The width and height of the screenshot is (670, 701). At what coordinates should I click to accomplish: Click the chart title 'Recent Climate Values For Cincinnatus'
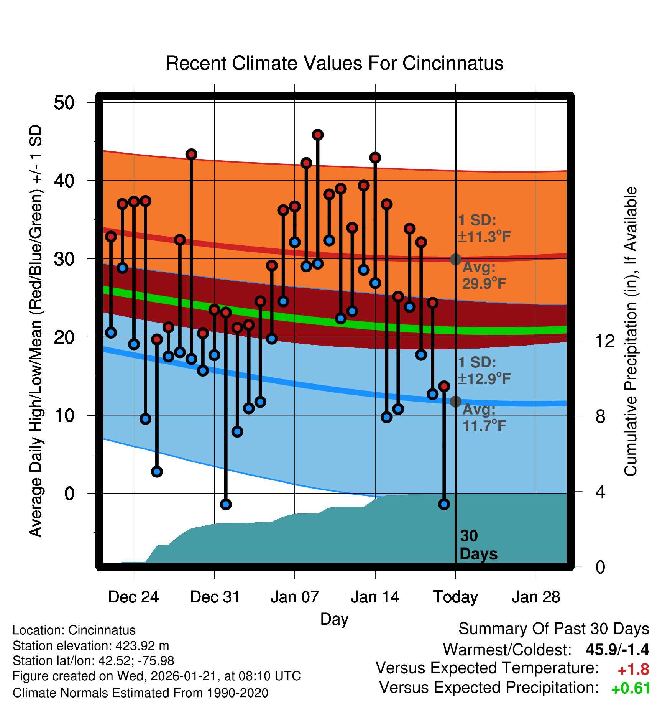coord(334,63)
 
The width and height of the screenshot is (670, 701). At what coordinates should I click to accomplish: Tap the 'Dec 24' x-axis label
coord(133,597)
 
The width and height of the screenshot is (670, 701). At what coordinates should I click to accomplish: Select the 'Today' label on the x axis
coord(455,597)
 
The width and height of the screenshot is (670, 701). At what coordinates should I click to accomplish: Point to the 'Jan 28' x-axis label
coord(536,597)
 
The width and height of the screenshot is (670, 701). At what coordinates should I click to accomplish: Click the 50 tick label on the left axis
coord(64,103)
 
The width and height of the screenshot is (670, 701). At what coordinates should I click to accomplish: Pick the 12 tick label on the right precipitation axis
coord(604,341)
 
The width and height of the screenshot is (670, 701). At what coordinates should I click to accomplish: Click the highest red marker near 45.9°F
coord(317,135)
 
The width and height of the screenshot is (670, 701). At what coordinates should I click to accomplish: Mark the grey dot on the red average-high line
coord(455,259)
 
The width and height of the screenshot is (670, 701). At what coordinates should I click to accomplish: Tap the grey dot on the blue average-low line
coord(455,402)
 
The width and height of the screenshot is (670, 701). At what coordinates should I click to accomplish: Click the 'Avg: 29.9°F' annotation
coord(484,275)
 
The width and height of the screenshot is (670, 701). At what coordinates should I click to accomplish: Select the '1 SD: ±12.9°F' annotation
coord(484,370)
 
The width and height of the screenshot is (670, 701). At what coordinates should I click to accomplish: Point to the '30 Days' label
coord(478,545)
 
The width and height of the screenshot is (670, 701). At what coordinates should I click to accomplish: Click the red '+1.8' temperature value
coord(633,670)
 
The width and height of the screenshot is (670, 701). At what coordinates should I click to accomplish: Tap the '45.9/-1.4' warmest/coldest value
coord(617,650)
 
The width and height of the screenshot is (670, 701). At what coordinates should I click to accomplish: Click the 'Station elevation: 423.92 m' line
coord(91,646)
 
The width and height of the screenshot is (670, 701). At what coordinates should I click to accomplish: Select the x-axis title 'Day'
coord(334,619)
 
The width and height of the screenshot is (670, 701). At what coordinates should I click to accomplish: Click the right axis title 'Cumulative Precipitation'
coord(631,332)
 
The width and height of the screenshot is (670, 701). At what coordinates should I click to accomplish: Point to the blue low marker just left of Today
coord(444,504)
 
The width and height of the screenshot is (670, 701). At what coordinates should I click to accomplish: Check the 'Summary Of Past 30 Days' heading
coord(553,629)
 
